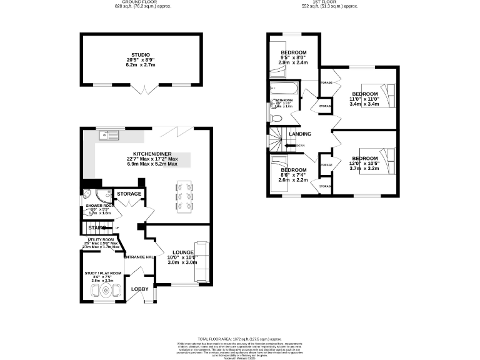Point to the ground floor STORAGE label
(129, 194)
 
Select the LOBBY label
(140, 289)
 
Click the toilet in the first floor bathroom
(277, 117)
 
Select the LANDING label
(300, 132)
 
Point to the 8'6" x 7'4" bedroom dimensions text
(293, 180)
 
